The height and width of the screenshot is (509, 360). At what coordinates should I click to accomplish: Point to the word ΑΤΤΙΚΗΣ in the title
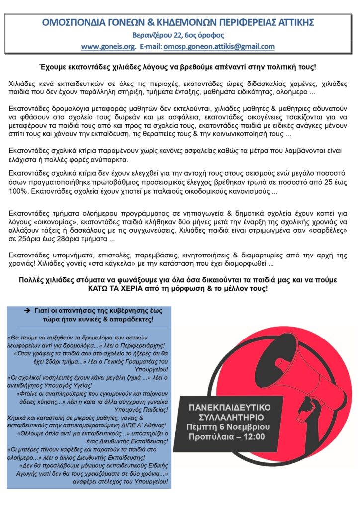click(295, 23)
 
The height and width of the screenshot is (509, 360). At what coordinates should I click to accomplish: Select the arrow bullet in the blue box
click(28, 310)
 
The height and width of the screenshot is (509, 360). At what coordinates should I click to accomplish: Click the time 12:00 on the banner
click(254, 437)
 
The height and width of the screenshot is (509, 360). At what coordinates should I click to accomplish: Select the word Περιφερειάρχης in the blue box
click(144, 345)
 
